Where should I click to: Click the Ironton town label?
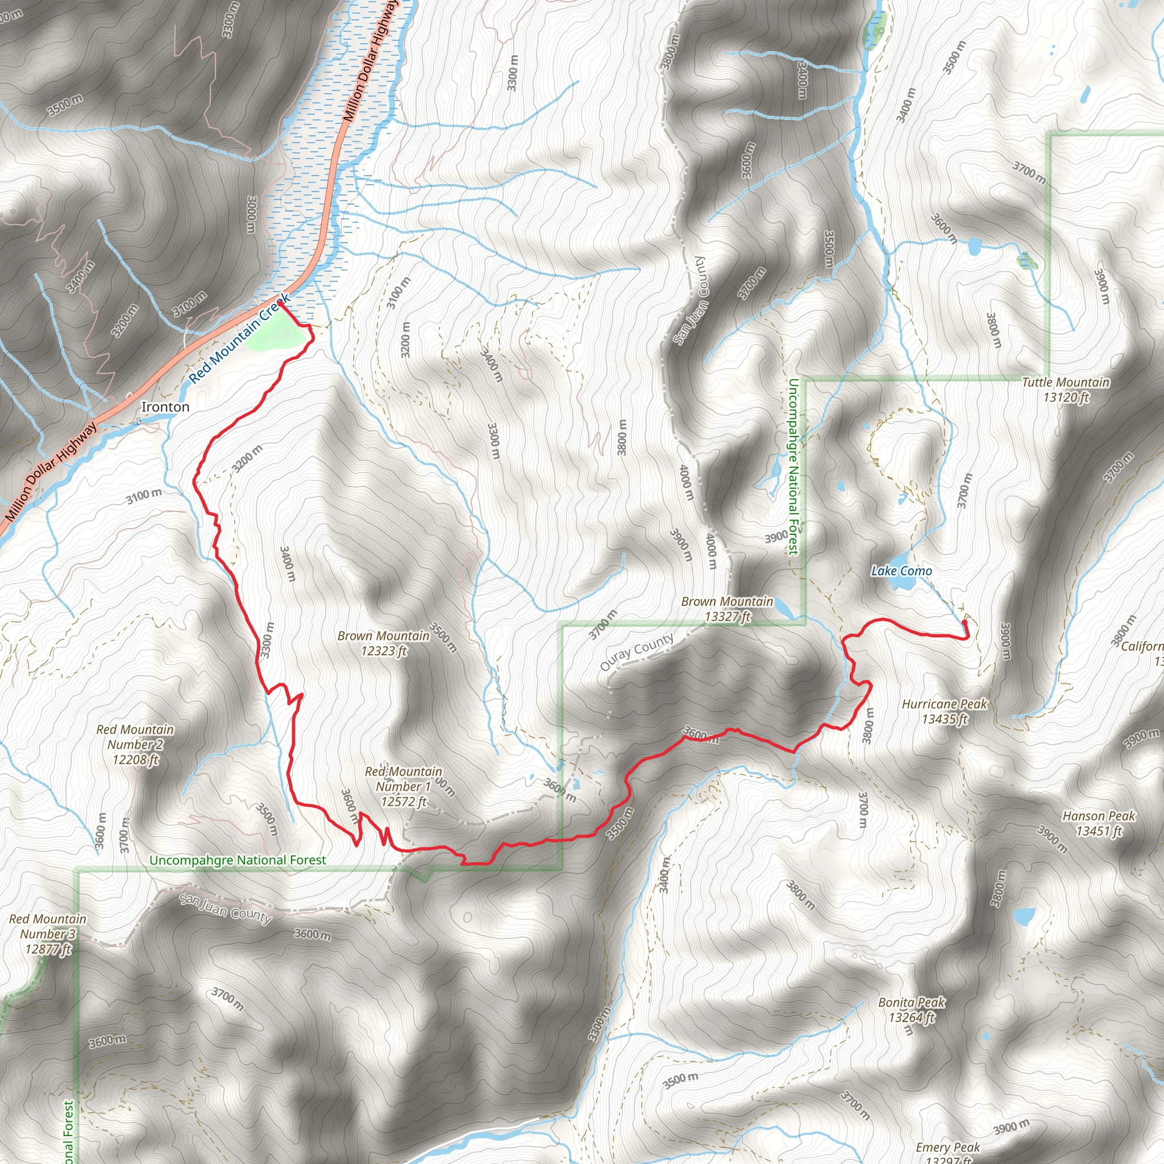(x=165, y=408)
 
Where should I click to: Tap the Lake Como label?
(x=901, y=571)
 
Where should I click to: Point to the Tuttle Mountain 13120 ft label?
(x=1065, y=389)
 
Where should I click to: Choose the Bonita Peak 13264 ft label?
(x=912, y=1010)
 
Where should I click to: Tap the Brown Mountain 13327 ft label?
(x=726, y=609)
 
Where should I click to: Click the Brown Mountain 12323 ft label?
(x=384, y=643)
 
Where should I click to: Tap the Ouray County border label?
(x=637, y=652)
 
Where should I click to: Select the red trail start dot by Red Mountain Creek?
(x=280, y=304)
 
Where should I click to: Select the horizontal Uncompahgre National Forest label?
(x=238, y=860)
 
